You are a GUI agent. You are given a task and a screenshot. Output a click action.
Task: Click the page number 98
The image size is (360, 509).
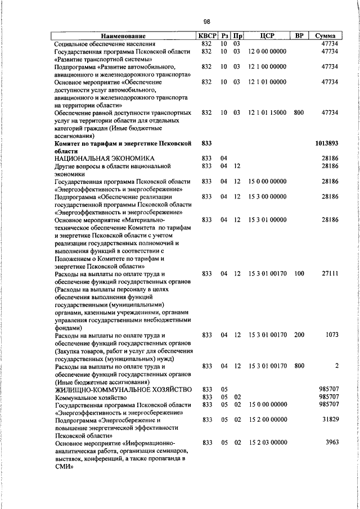206,22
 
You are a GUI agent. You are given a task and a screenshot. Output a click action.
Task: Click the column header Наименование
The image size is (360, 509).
123,36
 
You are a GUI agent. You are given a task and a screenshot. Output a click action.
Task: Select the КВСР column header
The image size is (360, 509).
206,36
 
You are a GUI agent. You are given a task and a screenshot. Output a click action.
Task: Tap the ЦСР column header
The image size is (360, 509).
267,36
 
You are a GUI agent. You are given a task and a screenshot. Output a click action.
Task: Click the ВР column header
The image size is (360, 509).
299,36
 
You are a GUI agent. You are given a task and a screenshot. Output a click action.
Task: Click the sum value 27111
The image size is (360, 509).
330,273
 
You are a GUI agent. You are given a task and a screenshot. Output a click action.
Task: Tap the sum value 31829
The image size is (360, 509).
329,420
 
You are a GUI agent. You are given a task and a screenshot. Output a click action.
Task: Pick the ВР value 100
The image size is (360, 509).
299,273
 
